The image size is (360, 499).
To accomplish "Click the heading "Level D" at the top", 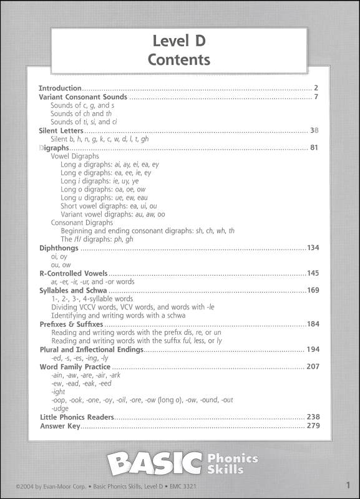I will [179, 42].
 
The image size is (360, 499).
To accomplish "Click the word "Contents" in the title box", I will [179, 60].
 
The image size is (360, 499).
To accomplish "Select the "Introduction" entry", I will [61, 89].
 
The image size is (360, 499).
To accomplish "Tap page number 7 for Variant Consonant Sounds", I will [316, 97].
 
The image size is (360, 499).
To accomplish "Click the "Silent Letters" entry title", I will [61, 131].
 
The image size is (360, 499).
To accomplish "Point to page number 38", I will [314, 131].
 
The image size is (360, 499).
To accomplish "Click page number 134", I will [313, 248].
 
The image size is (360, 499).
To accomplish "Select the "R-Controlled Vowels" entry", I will [74, 274].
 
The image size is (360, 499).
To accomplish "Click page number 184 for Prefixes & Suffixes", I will [313, 324].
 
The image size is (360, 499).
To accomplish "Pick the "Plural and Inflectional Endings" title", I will [91, 349].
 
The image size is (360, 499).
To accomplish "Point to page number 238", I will [313, 417].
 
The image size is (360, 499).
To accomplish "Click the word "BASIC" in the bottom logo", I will [154, 463].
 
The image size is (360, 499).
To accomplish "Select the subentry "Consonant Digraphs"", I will [82, 222].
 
